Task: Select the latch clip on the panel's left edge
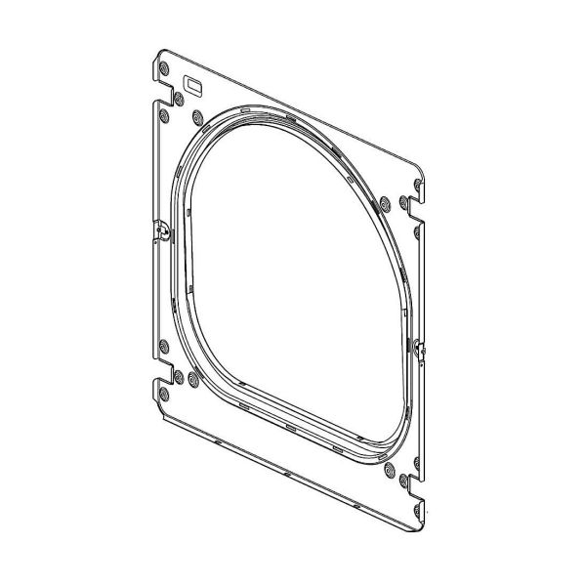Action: point(162,231)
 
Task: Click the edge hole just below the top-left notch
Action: point(163,117)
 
